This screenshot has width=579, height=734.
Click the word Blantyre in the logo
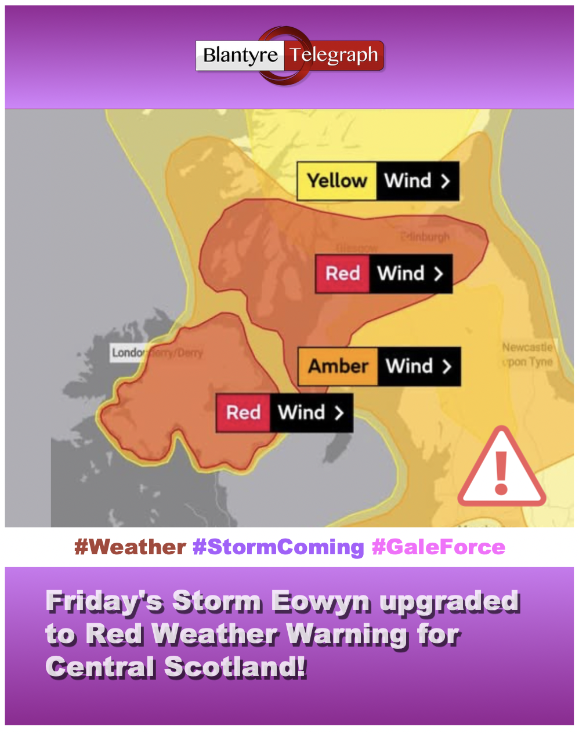[241, 56]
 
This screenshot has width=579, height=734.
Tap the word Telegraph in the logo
[334, 56]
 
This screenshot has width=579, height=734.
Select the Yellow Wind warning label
[378, 181]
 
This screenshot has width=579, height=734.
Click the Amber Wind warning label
[379, 366]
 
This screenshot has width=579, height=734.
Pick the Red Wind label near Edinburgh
[383, 274]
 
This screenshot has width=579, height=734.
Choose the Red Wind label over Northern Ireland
[284, 413]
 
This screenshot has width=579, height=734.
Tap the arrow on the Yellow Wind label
[445, 181]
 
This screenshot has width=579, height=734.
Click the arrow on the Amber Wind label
[446, 366]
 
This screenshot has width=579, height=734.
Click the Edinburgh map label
[426, 237]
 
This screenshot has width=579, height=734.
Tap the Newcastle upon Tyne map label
[527, 354]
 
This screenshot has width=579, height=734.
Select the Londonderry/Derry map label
[157, 353]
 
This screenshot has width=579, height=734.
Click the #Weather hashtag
[130, 547]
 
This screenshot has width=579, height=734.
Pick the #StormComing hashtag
[278, 547]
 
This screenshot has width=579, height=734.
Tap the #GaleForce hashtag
[438, 547]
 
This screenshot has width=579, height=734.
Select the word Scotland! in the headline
[235, 667]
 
